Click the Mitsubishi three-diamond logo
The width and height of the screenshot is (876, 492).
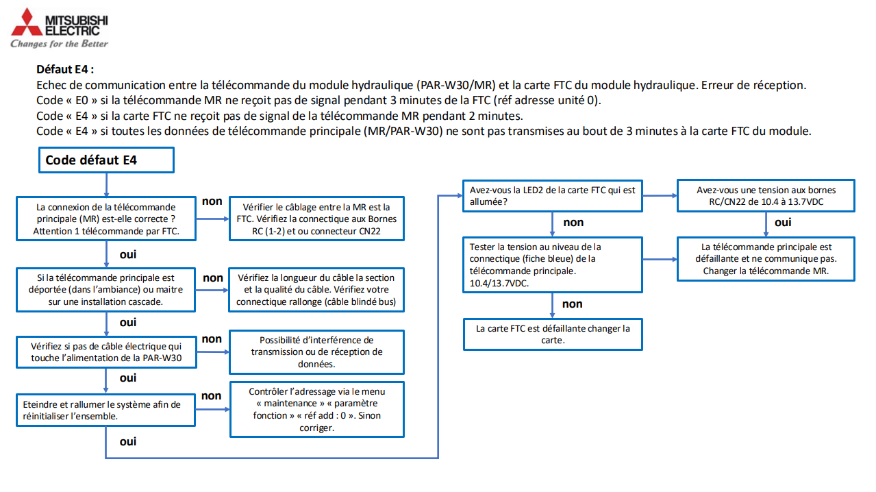point(26,23)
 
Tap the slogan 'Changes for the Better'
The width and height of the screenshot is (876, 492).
point(59,44)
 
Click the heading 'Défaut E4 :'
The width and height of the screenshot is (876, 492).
point(65,70)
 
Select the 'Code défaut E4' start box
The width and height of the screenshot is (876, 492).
point(106,160)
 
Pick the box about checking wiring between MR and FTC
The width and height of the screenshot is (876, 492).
point(316,219)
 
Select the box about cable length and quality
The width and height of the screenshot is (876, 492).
point(316,290)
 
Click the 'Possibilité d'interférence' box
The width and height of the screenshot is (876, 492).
point(316,352)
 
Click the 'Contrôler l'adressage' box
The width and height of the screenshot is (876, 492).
point(316,410)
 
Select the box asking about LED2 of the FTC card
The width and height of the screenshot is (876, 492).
point(552,196)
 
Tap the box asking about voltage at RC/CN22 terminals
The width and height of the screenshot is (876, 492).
point(766,196)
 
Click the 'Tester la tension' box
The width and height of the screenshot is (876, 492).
point(552,265)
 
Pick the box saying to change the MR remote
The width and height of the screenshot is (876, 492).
point(766,259)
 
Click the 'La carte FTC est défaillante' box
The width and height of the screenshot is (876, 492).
point(552,334)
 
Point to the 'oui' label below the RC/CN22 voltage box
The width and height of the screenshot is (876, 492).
point(783,222)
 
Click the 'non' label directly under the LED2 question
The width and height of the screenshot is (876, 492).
point(573,222)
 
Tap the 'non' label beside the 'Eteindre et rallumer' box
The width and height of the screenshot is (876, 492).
point(212,395)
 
